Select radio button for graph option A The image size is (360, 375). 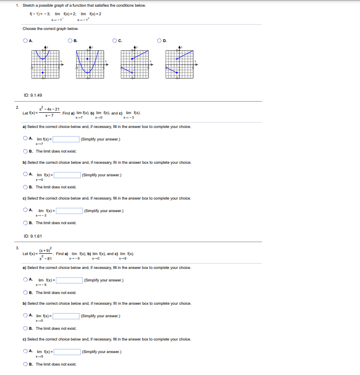click(x=25, y=41)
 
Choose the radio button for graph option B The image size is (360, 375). click(x=70, y=41)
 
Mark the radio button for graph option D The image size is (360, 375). click(x=160, y=41)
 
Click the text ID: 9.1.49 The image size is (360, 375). click(x=33, y=95)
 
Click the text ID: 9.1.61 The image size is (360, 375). click(x=33, y=236)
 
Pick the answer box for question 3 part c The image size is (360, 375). click(x=67, y=352)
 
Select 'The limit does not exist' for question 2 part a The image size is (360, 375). click(x=25, y=151)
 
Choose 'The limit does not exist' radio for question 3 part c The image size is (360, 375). click(x=25, y=364)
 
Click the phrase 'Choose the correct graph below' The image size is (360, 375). click(x=51, y=29)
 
